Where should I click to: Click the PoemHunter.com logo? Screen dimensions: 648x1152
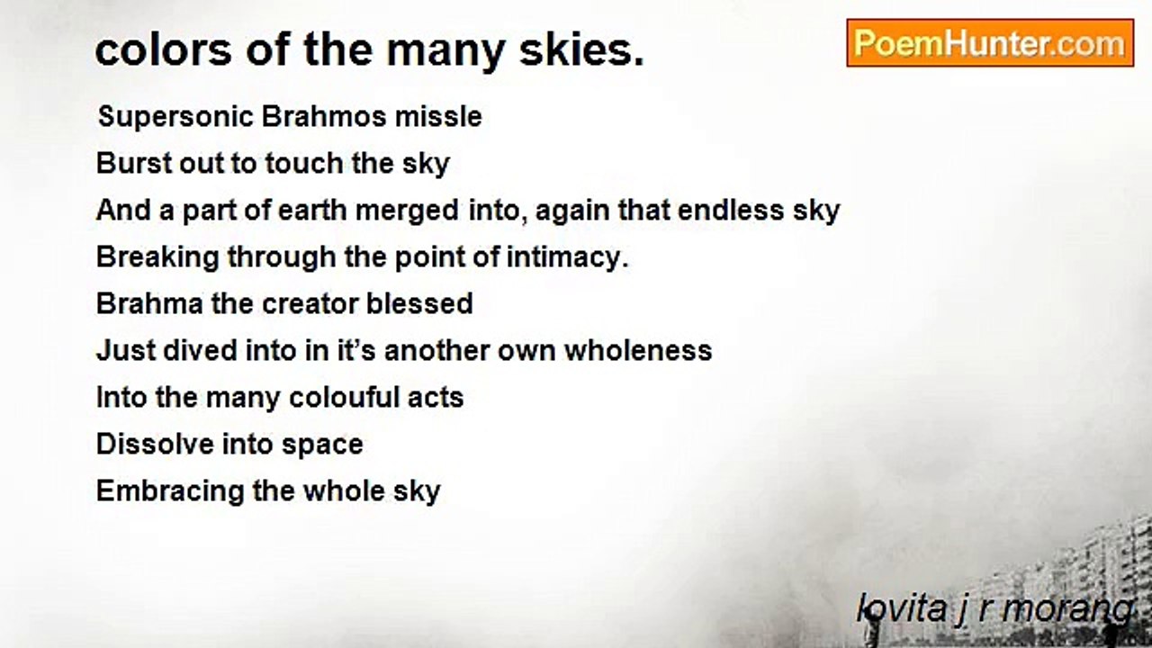pos(990,43)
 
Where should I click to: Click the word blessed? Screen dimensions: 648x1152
pos(420,303)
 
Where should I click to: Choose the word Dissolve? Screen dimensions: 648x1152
pos(152,444)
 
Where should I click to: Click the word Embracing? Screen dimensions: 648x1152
pos(164,491)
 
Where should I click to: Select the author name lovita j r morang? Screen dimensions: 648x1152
pos(995,609)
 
